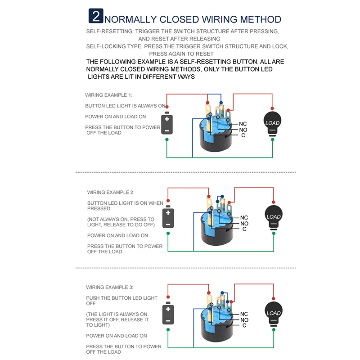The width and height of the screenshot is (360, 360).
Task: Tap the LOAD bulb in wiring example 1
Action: click(x=272, y=122)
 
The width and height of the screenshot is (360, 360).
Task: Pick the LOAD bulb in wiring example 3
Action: click(x=273, y=312)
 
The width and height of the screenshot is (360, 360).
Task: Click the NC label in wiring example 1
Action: click(x=243, y=124)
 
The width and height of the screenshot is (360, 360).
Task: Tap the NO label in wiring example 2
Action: click(x=244, y=224)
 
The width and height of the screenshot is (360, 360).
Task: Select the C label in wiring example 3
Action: click(x=244, y=325)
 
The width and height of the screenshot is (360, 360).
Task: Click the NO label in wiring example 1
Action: click(x=243, y=130)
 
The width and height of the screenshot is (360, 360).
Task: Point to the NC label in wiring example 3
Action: click(x=244, y=314)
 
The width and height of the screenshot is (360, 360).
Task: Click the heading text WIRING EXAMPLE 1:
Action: click(x=108, y=95)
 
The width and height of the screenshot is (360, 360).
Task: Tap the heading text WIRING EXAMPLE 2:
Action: click(x=111, y=192)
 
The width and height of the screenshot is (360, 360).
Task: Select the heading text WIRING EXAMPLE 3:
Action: click(x=110, y=287)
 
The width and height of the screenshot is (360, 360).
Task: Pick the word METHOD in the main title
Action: click(x=259, y=19)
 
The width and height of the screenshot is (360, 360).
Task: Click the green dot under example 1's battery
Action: click(x=166, y=140)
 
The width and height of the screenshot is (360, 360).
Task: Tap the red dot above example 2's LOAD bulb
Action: click(x=274, y=202)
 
